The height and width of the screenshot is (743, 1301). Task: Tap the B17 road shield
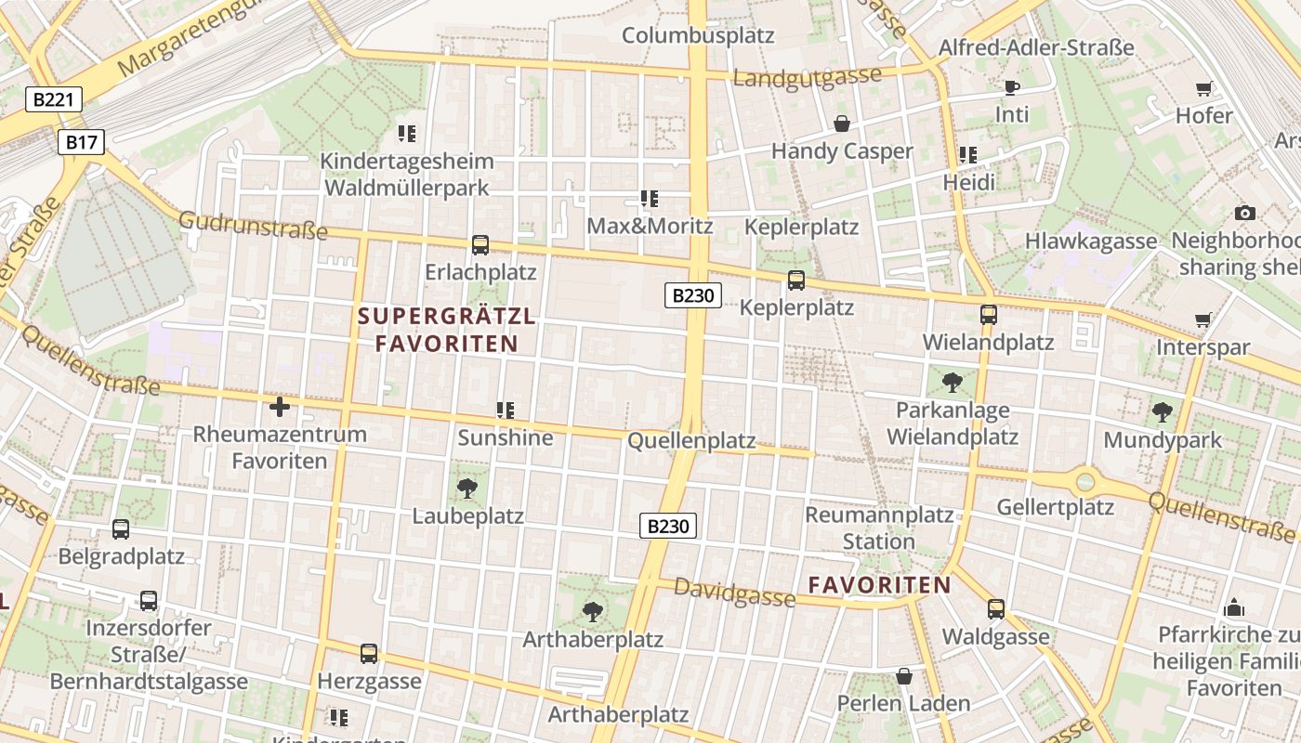click(82, 142)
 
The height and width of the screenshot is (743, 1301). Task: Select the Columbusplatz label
click(698, 35)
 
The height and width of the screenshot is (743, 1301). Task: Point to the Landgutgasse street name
click(807, 77)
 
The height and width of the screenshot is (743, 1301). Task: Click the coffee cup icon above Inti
click(1012, 88)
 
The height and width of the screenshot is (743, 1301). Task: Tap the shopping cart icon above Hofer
click(1204, 89)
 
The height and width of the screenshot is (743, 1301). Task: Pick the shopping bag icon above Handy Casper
click(842, 124)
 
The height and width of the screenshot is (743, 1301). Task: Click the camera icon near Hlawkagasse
click(1245, 214)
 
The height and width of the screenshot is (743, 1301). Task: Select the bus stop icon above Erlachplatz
click(480, 245)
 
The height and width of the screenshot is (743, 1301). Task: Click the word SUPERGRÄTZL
click(447, 316)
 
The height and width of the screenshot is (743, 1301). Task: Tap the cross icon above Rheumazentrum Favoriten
click(280, 407)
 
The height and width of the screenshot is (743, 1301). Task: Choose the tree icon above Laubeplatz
click(467, 489)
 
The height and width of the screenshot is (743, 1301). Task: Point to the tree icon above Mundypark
click(1162, 412)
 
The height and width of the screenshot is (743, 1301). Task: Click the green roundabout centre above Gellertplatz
click(1084, 482)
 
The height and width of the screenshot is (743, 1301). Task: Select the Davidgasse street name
click(734, 593)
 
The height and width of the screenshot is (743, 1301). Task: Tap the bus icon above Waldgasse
click(996, 609)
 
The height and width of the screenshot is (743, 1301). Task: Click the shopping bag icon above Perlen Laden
click(904, 676)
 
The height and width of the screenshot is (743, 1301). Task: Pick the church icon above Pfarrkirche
click(1234, 607)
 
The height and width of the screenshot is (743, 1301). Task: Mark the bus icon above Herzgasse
click(369, 654)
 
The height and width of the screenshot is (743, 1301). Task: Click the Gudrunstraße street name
click(253, 225)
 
